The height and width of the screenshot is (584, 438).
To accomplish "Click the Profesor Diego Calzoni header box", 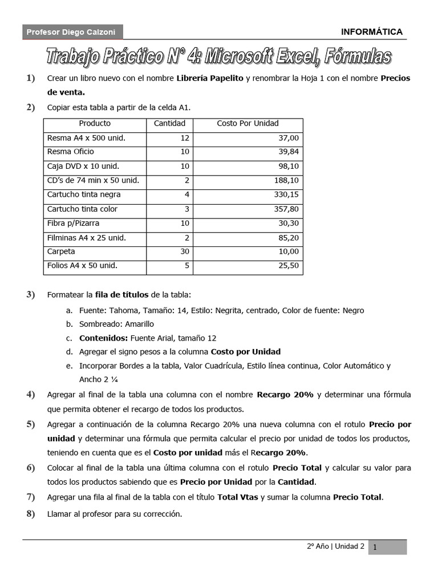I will (72, 33).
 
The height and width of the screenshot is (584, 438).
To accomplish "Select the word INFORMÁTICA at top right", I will (372, 32).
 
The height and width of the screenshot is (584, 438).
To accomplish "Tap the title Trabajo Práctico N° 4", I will (218, 56).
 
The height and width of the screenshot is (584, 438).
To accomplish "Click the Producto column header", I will (95, 123).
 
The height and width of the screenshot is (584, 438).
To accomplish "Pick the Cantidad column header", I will (169, 123).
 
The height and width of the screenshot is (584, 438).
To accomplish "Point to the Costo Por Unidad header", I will (248, 123).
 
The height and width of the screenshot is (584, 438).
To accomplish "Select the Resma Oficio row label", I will (71, 152).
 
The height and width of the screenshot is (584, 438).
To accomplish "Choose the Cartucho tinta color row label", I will (82, 209).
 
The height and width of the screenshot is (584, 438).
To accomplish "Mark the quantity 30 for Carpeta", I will (184, 252).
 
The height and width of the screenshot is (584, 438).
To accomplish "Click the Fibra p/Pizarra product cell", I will (73, 223).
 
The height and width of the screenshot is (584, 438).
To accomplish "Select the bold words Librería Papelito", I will (210, 78).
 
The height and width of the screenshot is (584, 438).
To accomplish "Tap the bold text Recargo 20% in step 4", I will (285, 395).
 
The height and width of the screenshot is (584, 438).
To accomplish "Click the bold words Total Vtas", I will (238, 497).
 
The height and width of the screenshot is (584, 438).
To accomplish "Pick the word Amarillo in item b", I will (139, 324).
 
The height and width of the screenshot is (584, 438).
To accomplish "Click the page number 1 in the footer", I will (375, 547).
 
